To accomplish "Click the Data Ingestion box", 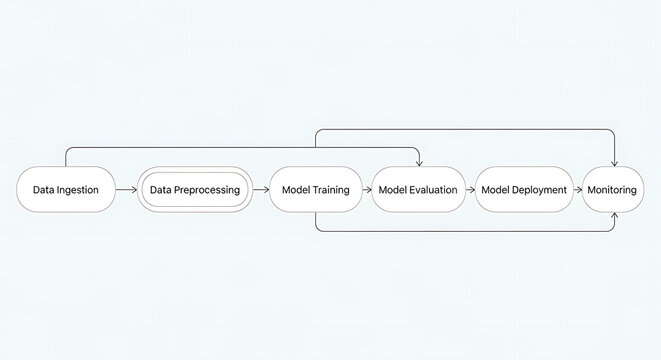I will click(x=66, y=190).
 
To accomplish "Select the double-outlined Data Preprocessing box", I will click(x=194, y=190).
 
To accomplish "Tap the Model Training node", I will click(x=316, y=190).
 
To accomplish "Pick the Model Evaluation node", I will click(x=418, y=190).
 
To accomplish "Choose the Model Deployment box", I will click(x=524, y=190).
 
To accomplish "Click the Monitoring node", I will click(x=612, y=190).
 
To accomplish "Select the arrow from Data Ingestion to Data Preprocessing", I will click(x=127, y=190).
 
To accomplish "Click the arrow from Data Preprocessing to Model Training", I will click(x=259, y=190).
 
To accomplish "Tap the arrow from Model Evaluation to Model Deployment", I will click(x=470, y=190).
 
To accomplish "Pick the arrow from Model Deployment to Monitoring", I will click(x=577, y=190).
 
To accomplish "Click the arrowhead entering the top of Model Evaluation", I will click(x=418, y=164).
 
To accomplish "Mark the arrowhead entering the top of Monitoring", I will click(x=612, y=164).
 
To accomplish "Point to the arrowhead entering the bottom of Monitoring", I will click(x=612, y=215).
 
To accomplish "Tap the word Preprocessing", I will click(x=208, y=190).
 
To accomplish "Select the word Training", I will click(x=331, y=190).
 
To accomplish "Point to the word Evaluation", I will click(x=433, y=190).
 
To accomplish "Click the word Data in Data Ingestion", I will click(x=43, y=190).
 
